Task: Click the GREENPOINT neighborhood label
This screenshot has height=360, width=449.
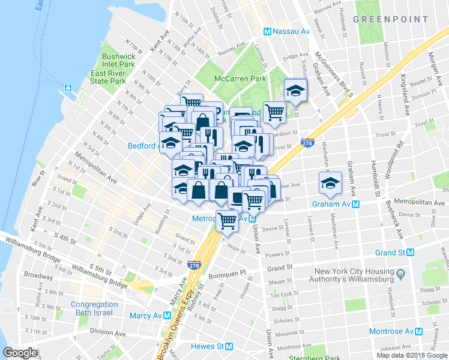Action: (x=390, y=19)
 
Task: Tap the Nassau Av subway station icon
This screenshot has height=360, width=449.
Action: (x=268, y=31)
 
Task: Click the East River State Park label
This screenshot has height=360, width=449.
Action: (x=108, y=77)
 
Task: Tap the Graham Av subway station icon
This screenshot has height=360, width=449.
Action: (x=356, y=204)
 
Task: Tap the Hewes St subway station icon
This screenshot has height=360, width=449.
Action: (x=229, y=346)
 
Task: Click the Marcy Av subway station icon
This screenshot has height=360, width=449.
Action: (x=166, y=316)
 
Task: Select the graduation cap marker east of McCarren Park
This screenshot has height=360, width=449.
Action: (x=295, y=90)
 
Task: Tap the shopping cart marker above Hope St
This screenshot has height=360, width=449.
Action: (x=227, y=221)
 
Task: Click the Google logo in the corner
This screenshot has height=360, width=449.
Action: (x=20, y=353)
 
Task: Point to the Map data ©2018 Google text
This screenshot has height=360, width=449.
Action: (x=412, y=355)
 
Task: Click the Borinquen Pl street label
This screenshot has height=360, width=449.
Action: (x=227, y=272)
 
